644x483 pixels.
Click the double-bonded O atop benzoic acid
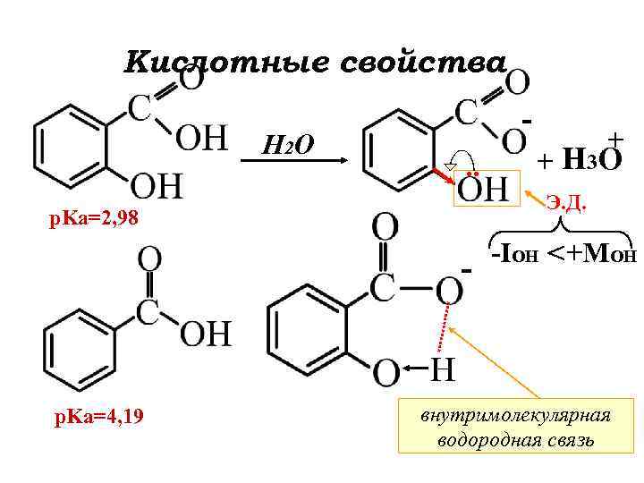coord(149,261)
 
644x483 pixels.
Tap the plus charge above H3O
coord(615,139)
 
